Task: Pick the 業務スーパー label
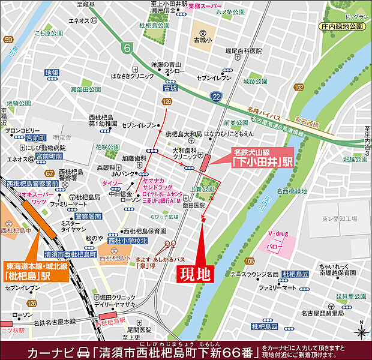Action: coord(204,7)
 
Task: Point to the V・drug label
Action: coord(278,232)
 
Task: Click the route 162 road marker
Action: coord(298,88)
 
